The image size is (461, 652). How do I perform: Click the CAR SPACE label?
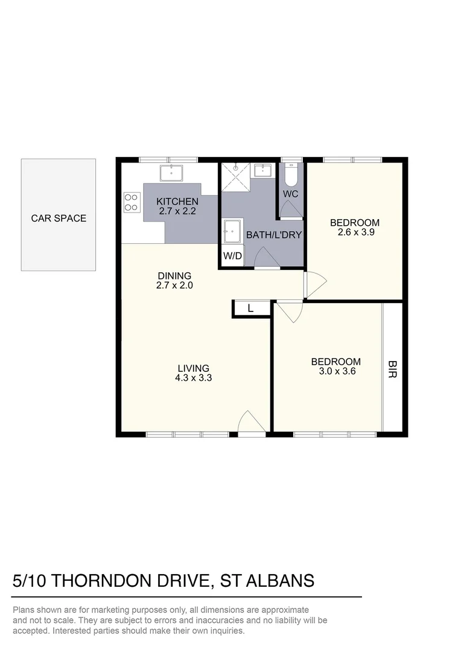pos(59,218)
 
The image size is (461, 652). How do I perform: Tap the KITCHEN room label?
pos(177,202)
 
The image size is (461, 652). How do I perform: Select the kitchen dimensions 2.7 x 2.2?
pos(177,211)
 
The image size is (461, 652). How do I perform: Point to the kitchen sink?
pos(173,172)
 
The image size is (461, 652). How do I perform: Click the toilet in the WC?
pos(291,174)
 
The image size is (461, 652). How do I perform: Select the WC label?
pos(291,194)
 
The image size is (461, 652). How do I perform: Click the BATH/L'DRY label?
pos(273,235)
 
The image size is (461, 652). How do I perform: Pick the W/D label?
pos(232,255)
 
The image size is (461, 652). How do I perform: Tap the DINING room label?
pos(174,276)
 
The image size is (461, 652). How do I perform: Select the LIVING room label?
pos(193,368)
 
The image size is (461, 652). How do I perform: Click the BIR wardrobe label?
pos(392,369)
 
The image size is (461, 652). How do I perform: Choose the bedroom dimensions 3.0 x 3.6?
pos(336,372)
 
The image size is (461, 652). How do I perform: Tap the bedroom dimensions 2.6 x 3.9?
pos(355,232)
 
